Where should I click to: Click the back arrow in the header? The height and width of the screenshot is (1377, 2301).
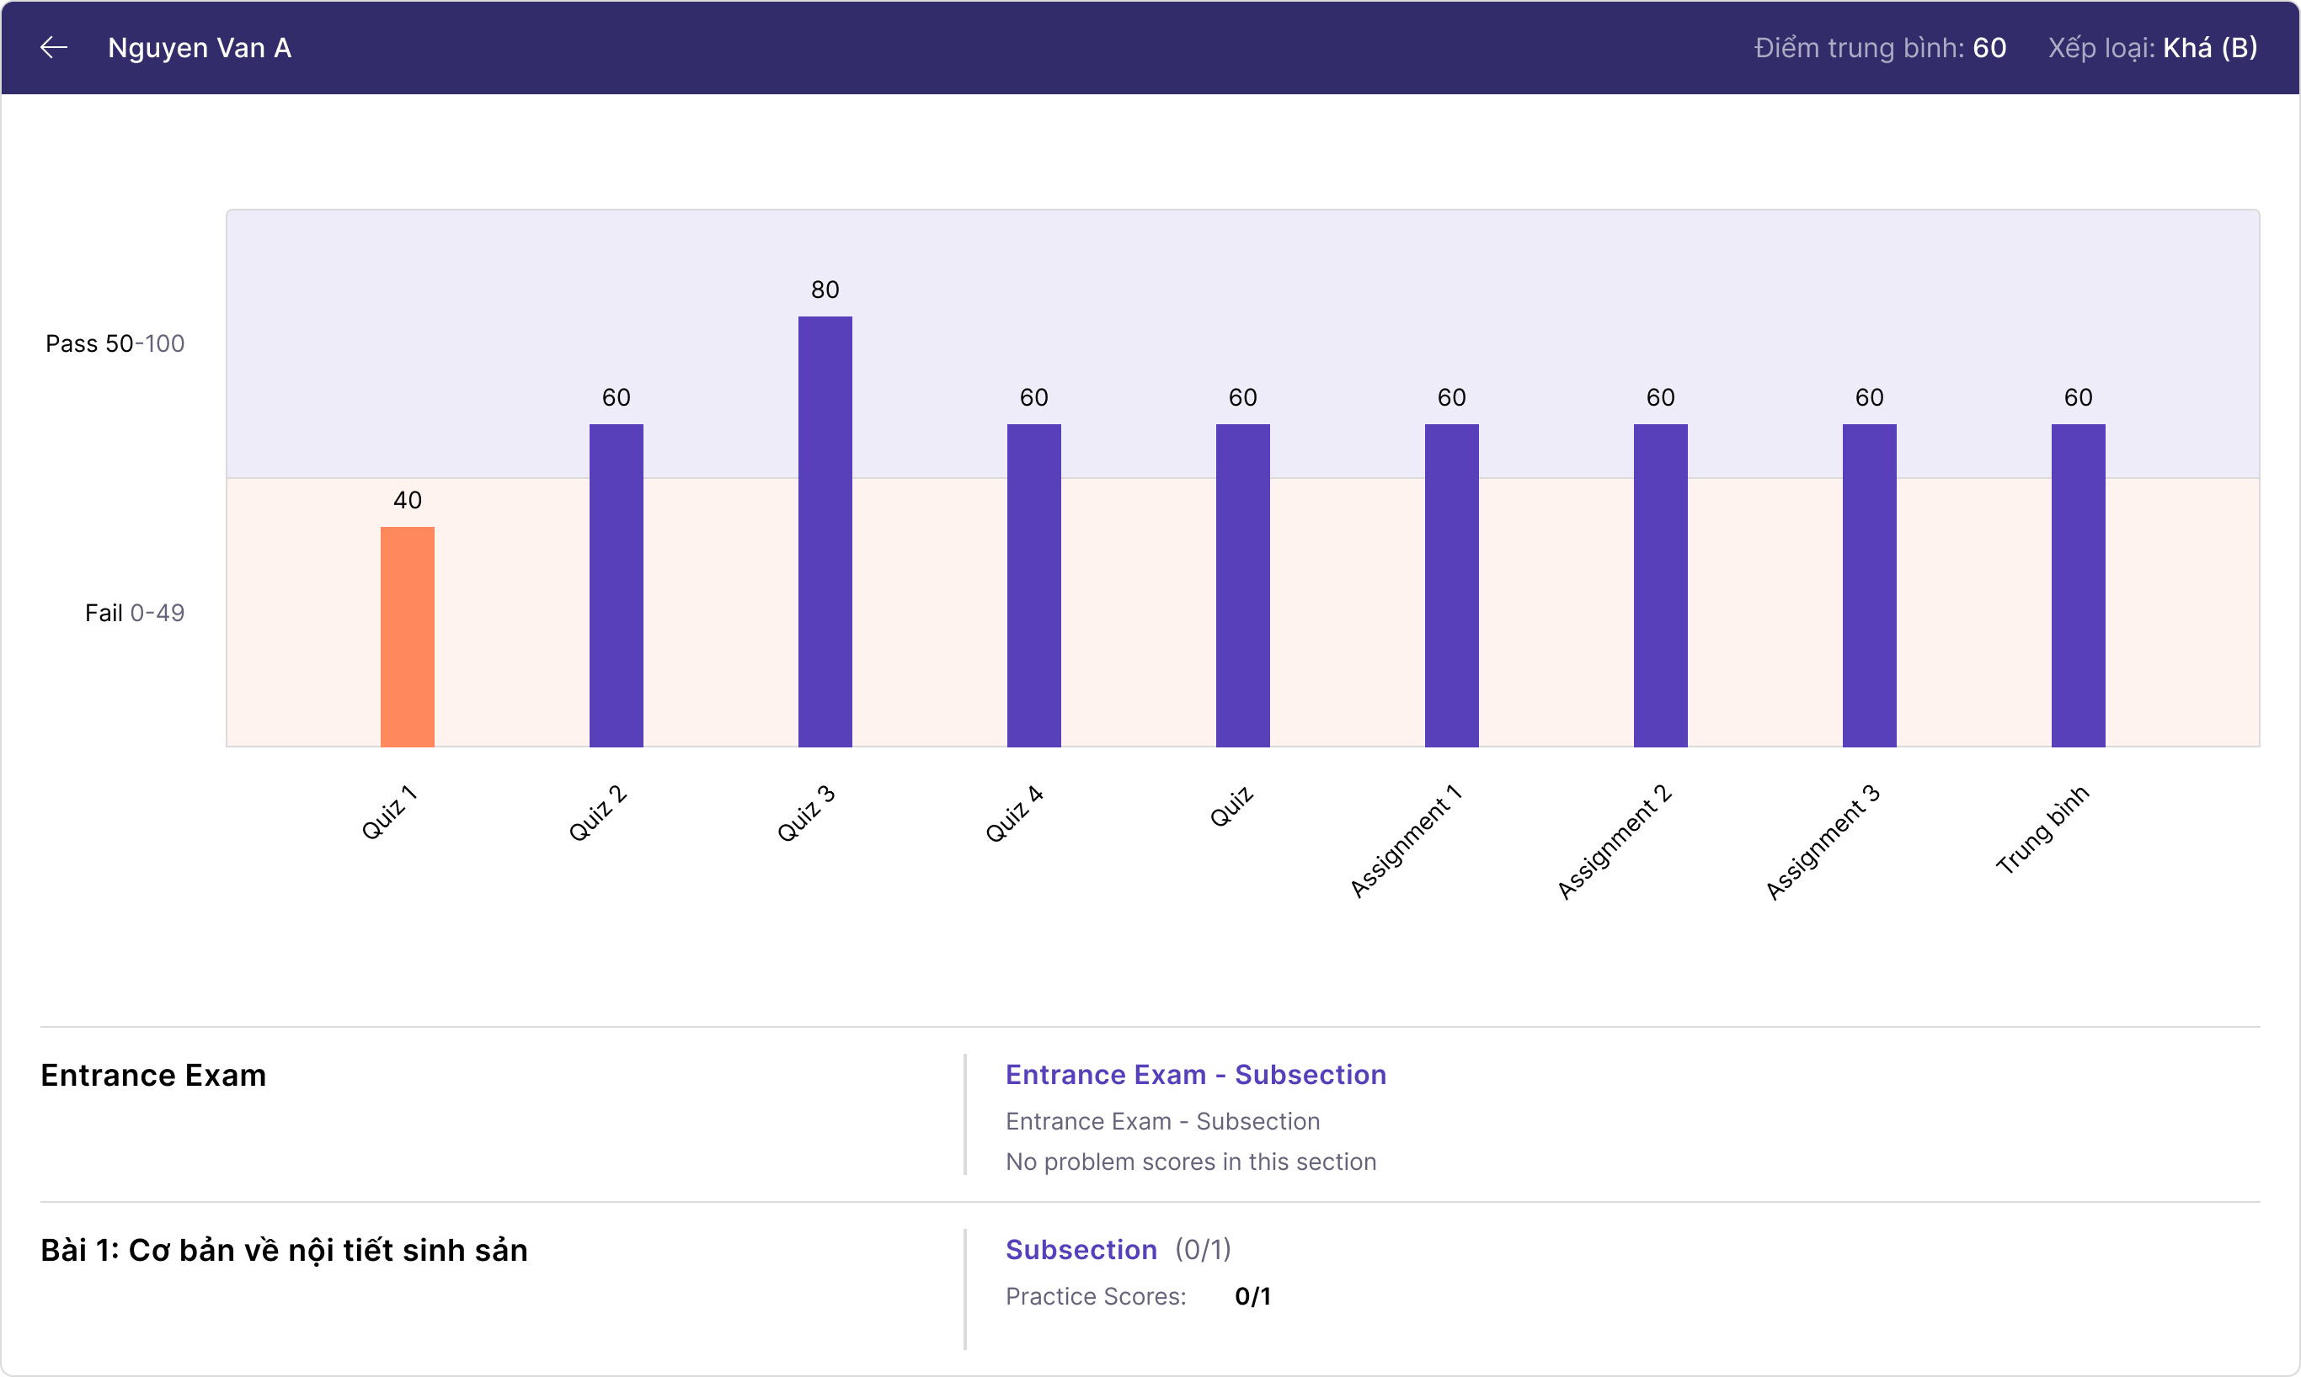pos(54,47)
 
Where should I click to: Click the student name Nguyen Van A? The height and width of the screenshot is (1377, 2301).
pos(199,48)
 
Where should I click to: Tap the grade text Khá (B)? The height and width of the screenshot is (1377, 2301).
pos(2209,48)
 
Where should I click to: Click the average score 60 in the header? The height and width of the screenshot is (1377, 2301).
pos(1989,48)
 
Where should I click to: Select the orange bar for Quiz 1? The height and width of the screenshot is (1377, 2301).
pos(408,636)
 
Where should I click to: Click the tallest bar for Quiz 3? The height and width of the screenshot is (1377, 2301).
pos(825,532)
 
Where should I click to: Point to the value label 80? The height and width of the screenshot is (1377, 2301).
pos(825,290)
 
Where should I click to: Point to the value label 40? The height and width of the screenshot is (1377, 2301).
pos(408,501)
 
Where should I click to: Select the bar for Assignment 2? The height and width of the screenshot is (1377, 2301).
pos(1661,586)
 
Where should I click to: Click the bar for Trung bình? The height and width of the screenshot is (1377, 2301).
pos(2079,586)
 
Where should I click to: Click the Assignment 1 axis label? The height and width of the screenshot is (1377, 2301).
pos(1406,842)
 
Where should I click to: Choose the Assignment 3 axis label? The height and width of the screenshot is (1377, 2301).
pos(1823,842)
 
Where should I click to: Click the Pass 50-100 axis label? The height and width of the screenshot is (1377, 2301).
pos(115,344)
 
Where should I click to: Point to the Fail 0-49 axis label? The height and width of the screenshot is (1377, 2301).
pos(135,614)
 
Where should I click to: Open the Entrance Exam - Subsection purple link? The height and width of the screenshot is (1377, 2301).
pos(1195,1075)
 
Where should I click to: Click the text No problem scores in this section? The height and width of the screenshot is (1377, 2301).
pos(1191,1162)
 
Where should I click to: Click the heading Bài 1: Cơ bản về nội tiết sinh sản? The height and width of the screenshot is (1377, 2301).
pos(284,1251)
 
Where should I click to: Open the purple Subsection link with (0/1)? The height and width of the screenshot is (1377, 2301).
pos(1081,1250)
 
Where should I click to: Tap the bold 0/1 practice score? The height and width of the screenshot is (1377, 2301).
pos(1252,1296)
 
